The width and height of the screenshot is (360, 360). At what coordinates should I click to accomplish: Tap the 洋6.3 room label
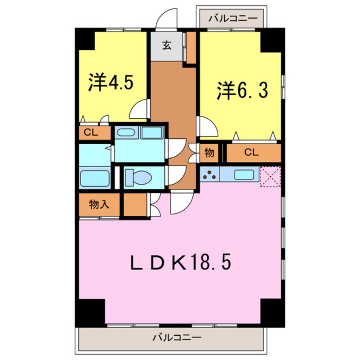pyautogui.click(x=243, y=91)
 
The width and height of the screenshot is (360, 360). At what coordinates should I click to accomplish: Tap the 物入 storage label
pyautogui.click(x=99, y=205)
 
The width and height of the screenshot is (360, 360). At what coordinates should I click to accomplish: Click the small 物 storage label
pyautogui.click(x=209, y=153)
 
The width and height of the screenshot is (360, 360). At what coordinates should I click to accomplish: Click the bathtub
pyautogui.click(x=95, y=178)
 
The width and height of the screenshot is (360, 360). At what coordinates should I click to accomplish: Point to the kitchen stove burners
pyautogui.click(x=209, y=174)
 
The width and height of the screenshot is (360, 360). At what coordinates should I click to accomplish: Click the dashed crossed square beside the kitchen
pyautogui.click(x=270, y=176)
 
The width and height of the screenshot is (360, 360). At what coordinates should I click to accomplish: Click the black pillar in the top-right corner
pyautogui.click(x=272, y=40)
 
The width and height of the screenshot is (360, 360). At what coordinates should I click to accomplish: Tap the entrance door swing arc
pyautogui.click(x=166, y=19)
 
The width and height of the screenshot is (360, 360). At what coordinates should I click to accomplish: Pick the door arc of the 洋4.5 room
pyautogui.click(x=139, y=109)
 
